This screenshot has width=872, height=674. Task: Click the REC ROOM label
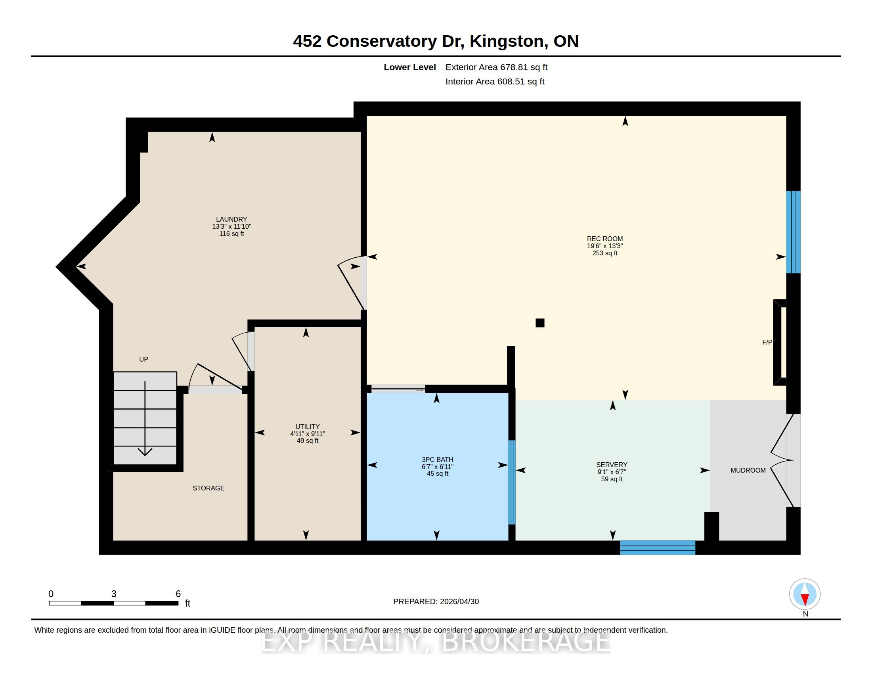604,239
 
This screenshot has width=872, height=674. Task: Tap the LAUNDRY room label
231,219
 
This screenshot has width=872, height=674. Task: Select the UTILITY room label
308,427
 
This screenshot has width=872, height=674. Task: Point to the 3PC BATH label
438,460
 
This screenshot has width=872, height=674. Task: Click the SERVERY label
612,465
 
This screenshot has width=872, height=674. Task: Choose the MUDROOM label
748,470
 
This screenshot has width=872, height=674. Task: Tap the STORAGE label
208,488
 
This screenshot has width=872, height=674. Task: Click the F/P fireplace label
767,342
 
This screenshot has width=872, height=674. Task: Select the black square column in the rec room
540,323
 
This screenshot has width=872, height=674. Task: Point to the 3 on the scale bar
114,594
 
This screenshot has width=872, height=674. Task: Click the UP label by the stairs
144,359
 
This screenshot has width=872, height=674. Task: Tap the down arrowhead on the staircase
145,452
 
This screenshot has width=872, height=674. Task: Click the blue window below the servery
658,548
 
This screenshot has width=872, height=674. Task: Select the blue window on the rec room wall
794,232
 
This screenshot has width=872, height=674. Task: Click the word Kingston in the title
506,42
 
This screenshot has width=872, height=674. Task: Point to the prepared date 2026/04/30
459,601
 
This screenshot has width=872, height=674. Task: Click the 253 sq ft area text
605,253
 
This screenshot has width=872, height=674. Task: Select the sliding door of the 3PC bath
398,389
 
